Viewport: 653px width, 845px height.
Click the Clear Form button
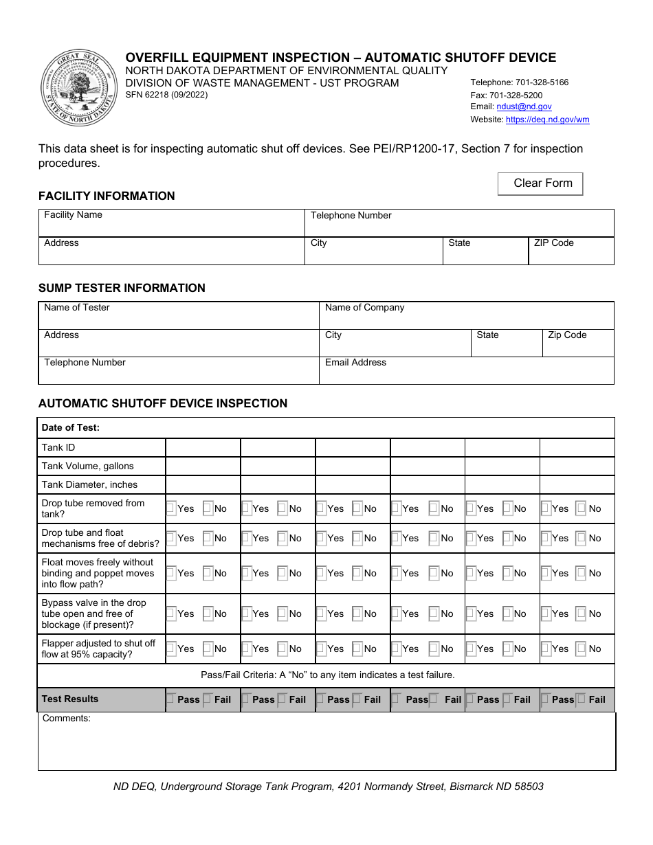(540, 183)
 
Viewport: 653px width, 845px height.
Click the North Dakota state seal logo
(79, 88)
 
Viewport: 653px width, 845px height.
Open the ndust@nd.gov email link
(524, 107)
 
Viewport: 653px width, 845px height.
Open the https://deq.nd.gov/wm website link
(547, 120)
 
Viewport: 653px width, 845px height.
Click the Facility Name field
(171, 224)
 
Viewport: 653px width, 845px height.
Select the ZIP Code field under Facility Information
(571, 251)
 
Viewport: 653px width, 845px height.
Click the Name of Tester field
(179, 315)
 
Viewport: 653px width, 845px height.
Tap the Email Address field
(466, 371)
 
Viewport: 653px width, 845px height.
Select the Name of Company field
(466, 315)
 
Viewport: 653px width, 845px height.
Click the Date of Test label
(71, 428)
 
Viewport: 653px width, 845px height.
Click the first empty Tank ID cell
(203, 448)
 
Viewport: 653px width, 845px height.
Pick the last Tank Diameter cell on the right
(577, 485)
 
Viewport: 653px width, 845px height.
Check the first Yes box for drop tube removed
(171, 509)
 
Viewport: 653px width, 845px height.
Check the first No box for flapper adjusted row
(208, 649)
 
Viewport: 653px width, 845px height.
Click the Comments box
(326, 745)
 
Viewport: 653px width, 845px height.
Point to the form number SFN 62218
(166, 95)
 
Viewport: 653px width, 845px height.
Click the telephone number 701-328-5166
(519, 82)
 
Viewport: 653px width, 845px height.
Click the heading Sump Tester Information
(122, 289)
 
